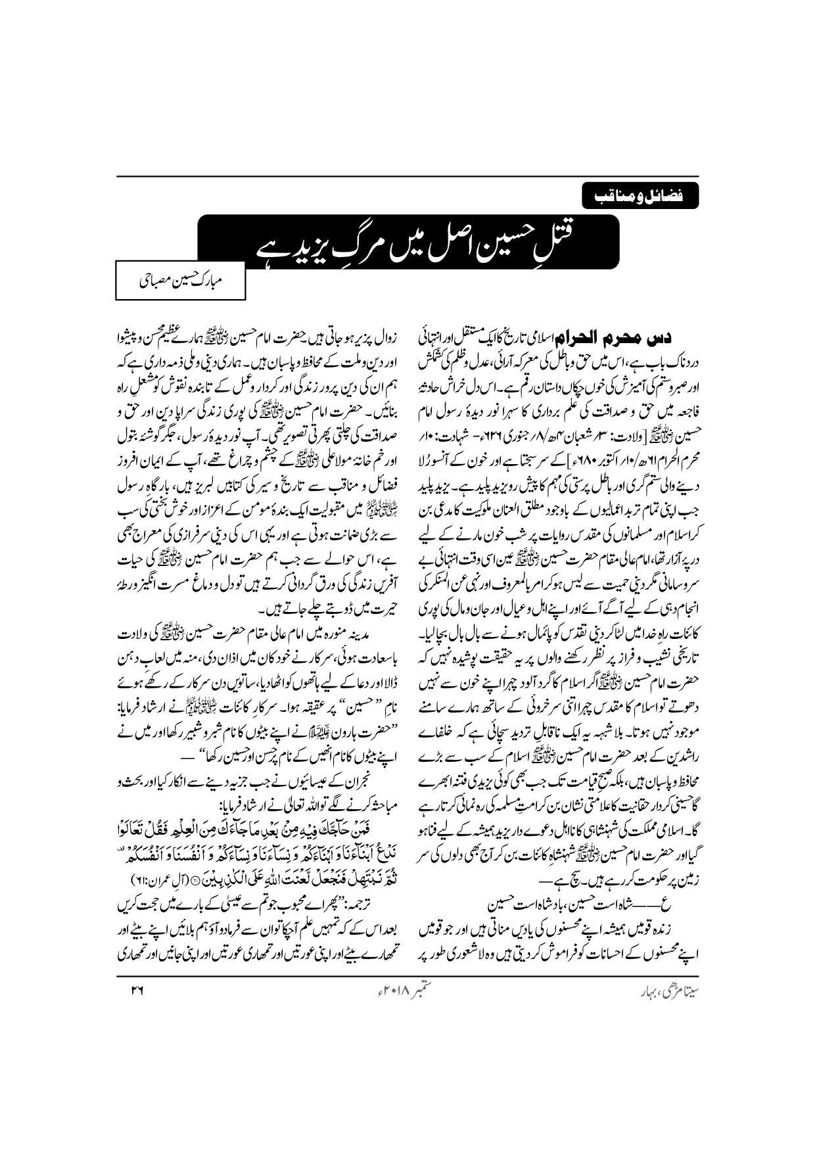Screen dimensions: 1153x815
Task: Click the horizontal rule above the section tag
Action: click(x=408, y=176)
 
